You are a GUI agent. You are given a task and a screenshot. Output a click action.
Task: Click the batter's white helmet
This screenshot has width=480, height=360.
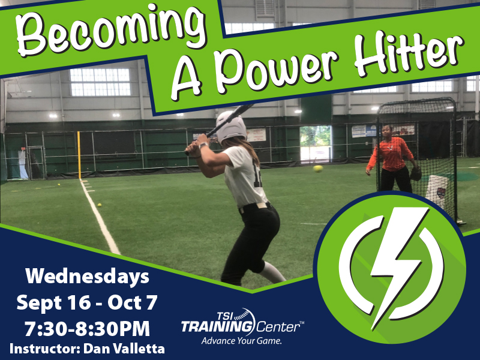tap(230, 126)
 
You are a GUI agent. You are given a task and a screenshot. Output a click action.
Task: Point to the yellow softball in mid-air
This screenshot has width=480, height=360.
tap(318, 169)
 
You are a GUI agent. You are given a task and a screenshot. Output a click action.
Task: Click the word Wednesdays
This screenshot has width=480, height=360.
tap(87, 277)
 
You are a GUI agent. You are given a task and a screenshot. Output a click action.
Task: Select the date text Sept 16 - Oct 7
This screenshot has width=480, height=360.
tap(87, 302)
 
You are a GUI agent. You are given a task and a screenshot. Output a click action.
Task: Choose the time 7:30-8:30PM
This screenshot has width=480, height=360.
tap(87, 328)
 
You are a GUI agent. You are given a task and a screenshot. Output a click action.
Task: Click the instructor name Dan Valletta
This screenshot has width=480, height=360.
tap(124, 349)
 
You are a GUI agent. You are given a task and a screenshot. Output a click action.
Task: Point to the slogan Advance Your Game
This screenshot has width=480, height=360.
tap(242, 341)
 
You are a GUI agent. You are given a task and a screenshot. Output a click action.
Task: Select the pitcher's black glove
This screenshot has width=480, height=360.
tap(415, 173)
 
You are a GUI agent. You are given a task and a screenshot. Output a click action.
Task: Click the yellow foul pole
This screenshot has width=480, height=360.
tap(79, 155)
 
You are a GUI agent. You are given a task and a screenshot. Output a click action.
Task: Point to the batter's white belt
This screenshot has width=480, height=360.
tap(254, 206)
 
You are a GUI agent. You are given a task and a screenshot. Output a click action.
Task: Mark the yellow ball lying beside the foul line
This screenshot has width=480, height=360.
tap(99, 205)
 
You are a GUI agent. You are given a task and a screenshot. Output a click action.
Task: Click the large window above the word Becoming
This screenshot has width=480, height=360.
tap(100, 82)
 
